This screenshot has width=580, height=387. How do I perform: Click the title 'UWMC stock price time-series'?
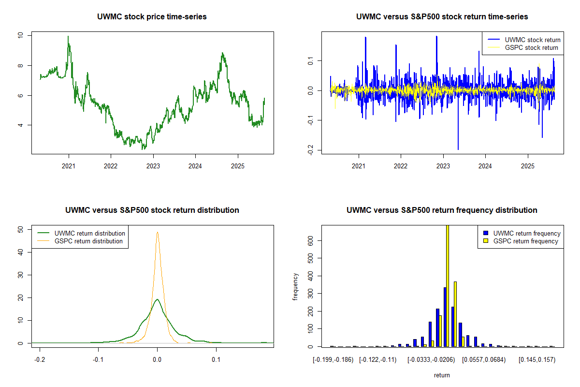152,17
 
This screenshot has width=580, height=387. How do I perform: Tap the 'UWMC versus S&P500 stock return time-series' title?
442,17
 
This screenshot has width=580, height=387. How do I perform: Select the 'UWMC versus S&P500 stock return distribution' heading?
152,210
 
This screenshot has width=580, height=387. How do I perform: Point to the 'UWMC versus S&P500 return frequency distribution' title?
442,210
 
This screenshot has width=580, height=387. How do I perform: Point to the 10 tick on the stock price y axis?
19,35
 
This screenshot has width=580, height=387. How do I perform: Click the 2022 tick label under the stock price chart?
111,164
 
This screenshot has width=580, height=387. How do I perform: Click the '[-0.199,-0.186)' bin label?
333,360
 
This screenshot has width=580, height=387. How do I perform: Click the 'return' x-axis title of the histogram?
442,375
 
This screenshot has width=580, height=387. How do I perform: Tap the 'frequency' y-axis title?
296,286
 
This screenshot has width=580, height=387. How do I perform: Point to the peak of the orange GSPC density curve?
157,232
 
